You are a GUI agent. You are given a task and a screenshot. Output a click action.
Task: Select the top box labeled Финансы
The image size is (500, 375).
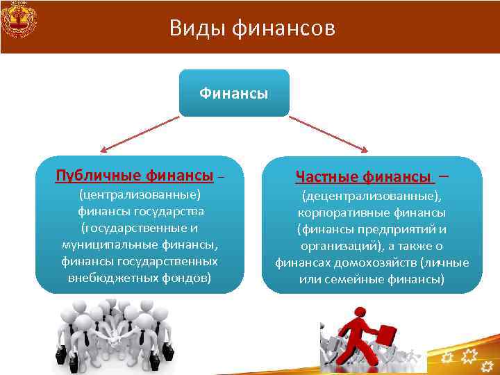point(233,93)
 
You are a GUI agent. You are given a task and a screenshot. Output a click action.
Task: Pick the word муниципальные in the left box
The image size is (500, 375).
point(102,244)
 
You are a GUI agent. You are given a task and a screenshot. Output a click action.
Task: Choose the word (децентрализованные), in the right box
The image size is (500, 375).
point(372,196)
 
